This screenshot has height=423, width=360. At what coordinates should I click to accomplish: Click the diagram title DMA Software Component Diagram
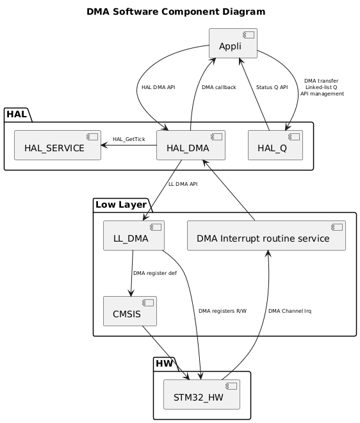[176, 12]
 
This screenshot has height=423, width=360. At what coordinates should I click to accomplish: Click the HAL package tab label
[17, 115]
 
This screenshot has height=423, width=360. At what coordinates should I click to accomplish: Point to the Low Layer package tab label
[120, 204]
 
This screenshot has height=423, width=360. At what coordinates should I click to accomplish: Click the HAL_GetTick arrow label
[129, 139]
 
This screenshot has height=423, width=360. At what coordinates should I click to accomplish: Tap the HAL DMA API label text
[158, 87]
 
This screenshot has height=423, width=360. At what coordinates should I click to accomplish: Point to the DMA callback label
[218, 87]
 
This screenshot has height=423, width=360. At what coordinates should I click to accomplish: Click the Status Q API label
[272, 87]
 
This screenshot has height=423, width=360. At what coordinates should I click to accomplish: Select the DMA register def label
[155, 274]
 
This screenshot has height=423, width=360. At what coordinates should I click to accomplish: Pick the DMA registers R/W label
[222, 311]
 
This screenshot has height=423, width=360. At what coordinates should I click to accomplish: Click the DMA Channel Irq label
[290, 311]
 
